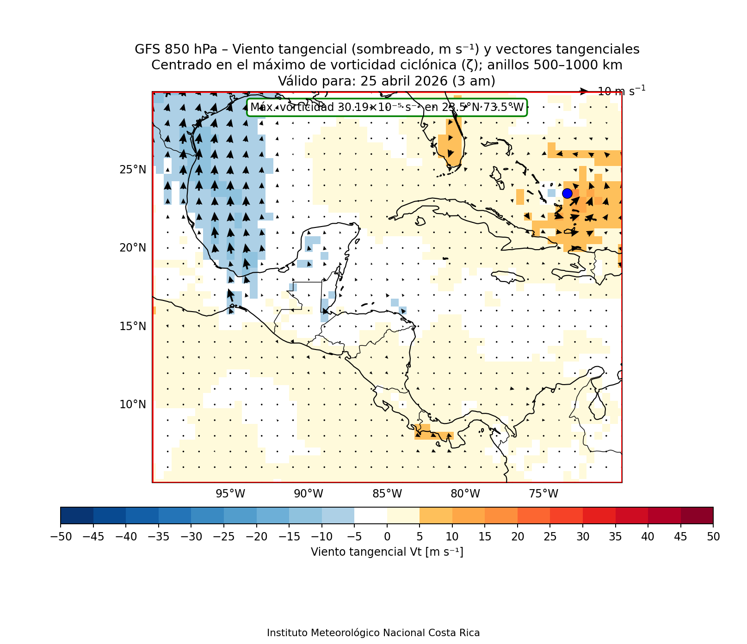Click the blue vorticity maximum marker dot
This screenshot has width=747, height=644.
567,193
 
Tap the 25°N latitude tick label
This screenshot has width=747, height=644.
133,170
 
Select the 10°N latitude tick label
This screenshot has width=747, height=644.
133,405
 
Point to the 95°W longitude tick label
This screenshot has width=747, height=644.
230,494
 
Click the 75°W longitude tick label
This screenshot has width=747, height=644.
543,494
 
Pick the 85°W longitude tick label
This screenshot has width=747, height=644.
387,494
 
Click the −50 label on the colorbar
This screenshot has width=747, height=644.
60,537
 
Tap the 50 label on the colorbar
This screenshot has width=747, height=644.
713,537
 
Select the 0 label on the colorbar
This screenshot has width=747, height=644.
387,537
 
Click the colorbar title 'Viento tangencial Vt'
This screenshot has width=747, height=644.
387,552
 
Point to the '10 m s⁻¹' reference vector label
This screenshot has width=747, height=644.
621,91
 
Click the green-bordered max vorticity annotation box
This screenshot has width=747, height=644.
387,108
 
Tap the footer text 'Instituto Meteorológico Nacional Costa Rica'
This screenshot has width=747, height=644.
373,633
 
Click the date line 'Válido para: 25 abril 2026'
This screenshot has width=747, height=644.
386,81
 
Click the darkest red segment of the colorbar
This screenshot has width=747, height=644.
697,515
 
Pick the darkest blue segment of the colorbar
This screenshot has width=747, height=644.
77,515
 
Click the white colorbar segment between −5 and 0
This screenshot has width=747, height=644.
370,515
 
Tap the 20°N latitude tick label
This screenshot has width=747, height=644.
133,248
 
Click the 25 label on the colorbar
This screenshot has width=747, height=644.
550,537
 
